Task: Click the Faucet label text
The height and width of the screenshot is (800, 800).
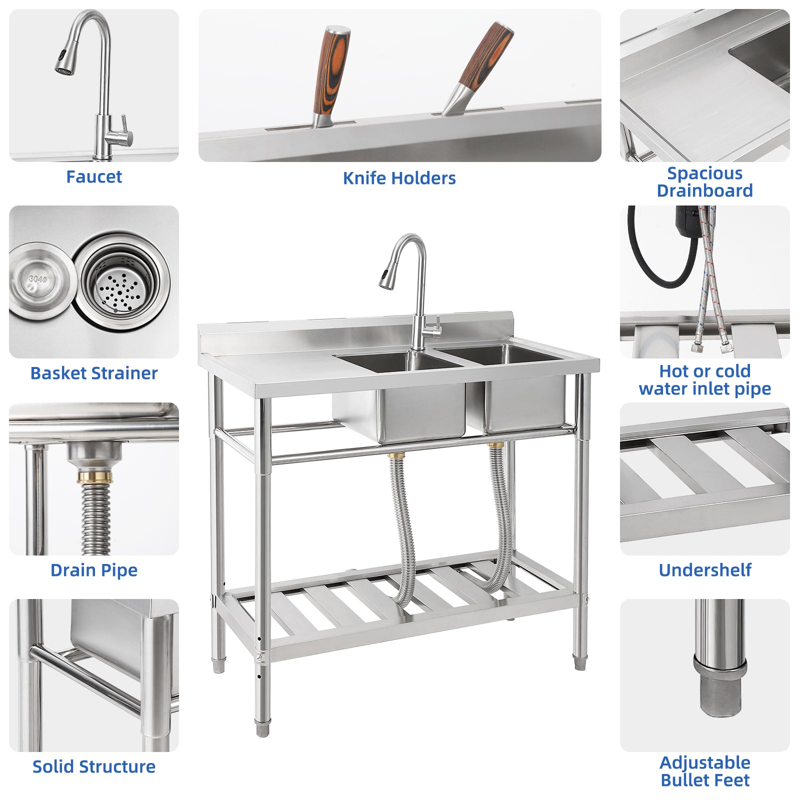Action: [94, 177]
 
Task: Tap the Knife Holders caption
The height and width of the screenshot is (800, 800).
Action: [399, 178]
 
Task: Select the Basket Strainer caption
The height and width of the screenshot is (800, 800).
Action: [94, 373]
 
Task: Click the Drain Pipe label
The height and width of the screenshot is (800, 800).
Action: [94, 570]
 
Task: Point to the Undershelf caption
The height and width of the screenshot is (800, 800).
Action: [704, 570]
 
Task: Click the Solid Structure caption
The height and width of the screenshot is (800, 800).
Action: [94, 766]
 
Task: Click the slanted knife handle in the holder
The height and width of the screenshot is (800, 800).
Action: [485, 55]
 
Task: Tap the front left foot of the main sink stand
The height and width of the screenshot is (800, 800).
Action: [262, 727]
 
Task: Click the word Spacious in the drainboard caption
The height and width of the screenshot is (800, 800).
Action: [704, 173]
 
